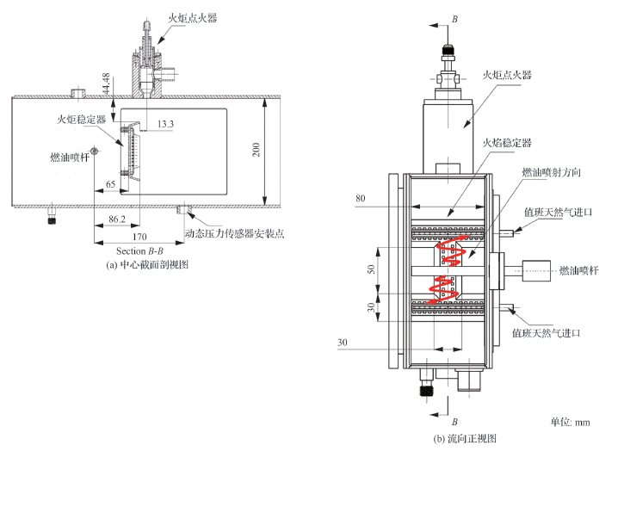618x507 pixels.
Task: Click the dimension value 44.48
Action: click(105, 83)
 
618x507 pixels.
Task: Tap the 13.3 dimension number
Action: click(166, 124)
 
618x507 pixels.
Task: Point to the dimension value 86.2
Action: click(116, 221)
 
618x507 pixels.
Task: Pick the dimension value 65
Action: click(111, 184)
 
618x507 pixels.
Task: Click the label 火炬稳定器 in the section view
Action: click(82, 120)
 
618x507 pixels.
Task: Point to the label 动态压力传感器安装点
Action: click(234, 232)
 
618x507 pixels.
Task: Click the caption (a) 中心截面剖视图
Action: click(146, 265)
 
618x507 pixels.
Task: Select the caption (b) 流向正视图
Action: click(465, 439)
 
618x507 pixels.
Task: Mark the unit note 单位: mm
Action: click(570, 422)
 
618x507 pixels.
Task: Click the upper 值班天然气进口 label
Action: click(559, 212)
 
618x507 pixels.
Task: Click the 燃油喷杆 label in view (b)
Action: click(578, 270)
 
